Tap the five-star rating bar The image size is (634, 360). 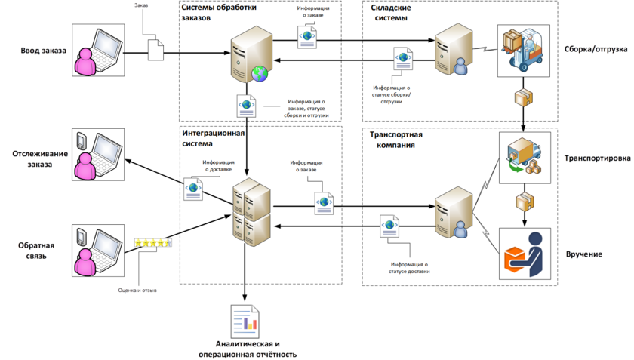(x=153, y=243)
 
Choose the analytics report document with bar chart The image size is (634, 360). (x=245, y=322)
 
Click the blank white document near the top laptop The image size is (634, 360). (x=154, y=49)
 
